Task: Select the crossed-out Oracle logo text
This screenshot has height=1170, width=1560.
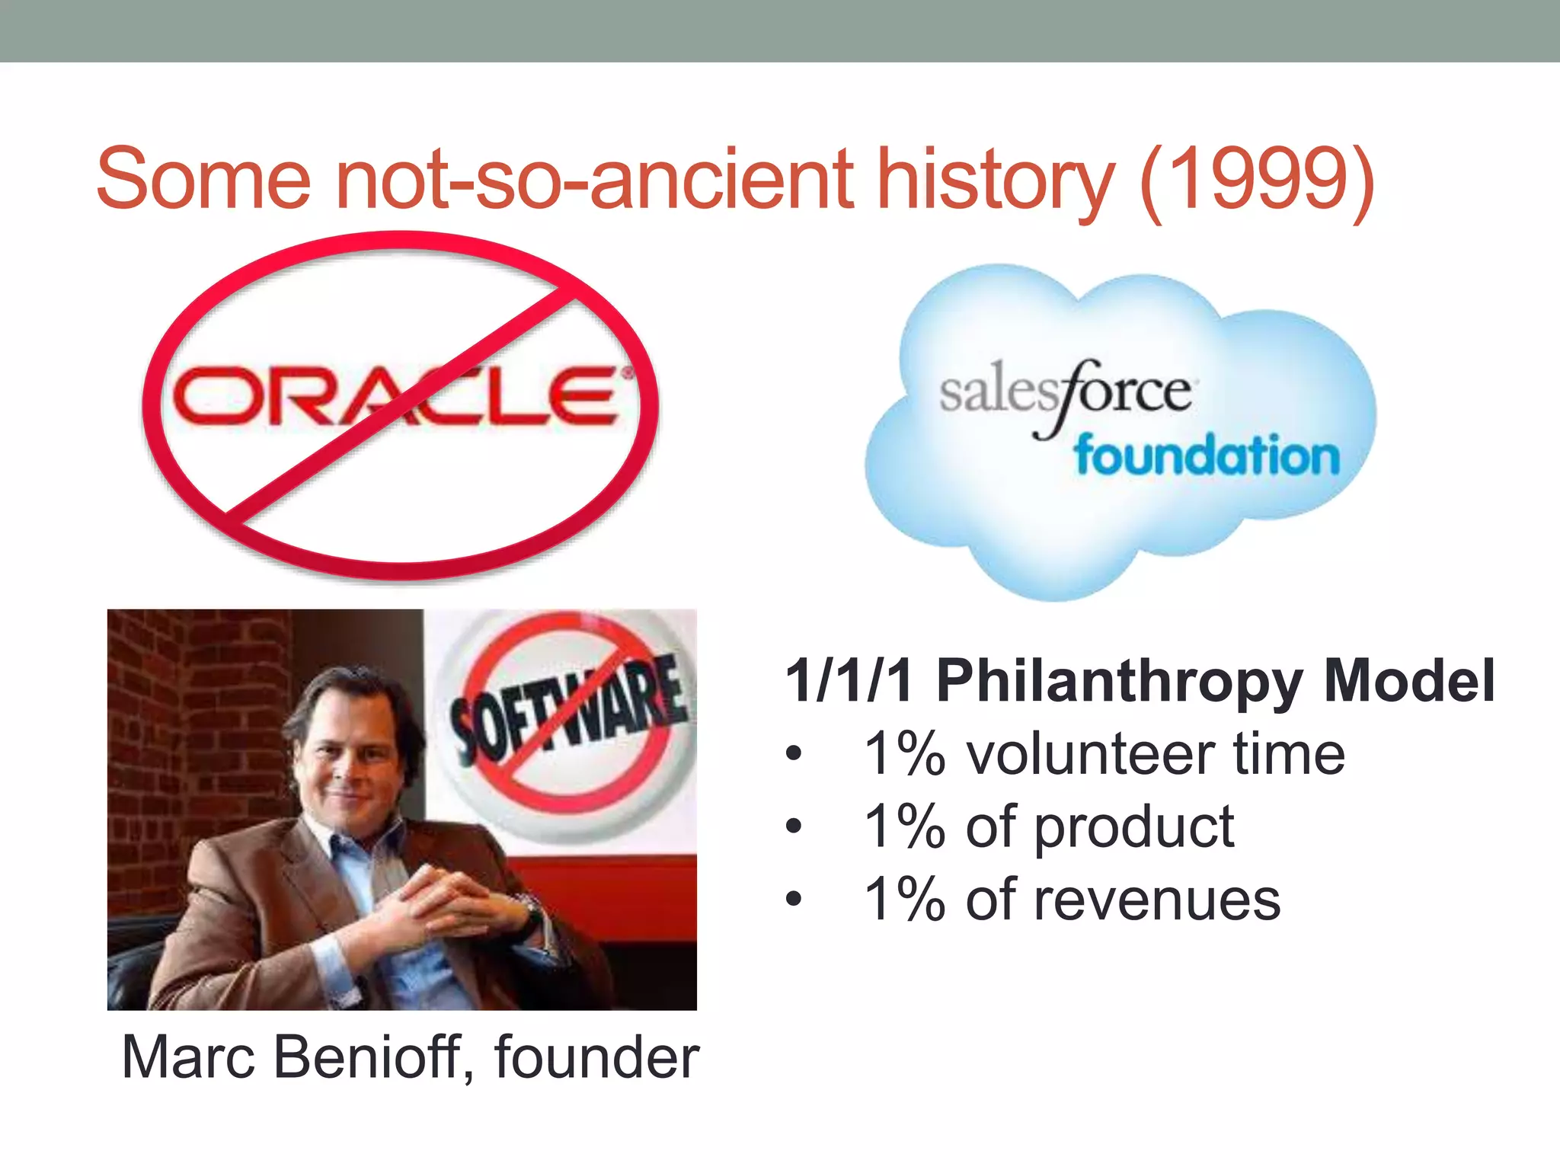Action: (x=396, y=396)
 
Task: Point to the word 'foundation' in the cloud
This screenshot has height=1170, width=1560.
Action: (x=1207, y=456)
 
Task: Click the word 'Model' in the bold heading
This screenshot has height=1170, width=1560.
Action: (x=1409, y=680)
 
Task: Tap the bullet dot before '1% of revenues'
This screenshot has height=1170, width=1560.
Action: (x=794, y=899)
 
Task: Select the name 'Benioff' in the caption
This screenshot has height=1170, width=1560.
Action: (x=373, y=1057)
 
